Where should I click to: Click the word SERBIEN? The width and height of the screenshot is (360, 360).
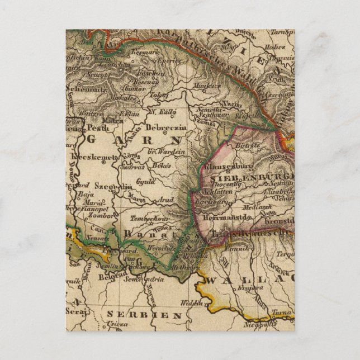coord(145,315)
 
